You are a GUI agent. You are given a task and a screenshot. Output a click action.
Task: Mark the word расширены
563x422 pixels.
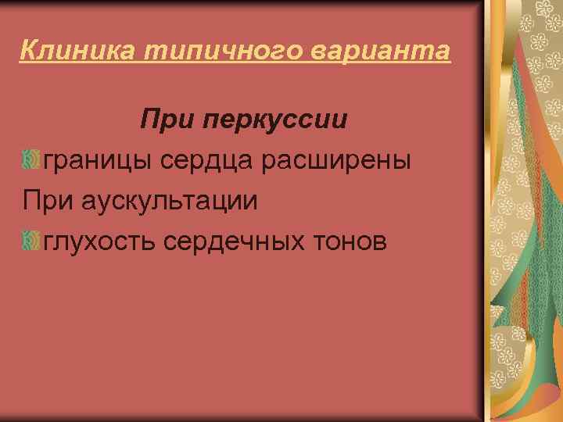click(x=341, y=161)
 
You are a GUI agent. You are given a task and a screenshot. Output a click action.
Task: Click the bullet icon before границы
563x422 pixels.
click(x=32, y=160)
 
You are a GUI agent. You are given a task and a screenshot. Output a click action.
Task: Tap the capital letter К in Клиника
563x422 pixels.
click(x=28, y=52)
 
